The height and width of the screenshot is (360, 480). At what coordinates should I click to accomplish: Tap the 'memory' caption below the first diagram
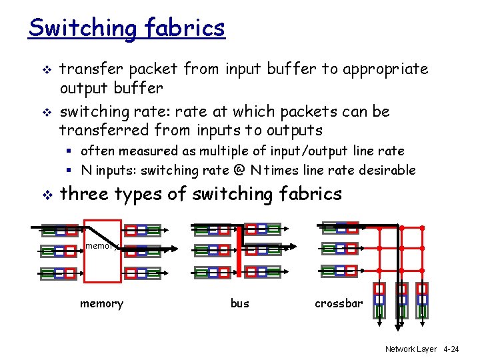[x=101, y=304]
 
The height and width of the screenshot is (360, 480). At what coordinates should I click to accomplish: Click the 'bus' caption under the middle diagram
[x=239, y=304]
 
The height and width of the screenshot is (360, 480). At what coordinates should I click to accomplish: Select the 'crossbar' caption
[x=339, y=304]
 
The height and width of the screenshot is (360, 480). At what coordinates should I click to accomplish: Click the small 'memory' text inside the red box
[x=101, y=245]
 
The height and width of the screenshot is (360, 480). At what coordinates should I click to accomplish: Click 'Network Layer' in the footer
[x=410, y=349]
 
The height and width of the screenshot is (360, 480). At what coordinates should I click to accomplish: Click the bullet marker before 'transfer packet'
[x=45, y=69]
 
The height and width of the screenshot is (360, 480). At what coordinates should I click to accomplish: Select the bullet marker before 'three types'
[x=45, y=195]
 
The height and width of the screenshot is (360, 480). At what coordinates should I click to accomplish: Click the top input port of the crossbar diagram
[x=339, y=228]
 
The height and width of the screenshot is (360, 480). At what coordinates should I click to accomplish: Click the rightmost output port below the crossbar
[x=421, y=299]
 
